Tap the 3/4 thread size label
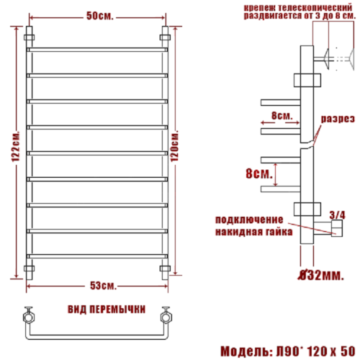[337, 213]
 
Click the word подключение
[244, 219]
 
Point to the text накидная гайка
[253, 232]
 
